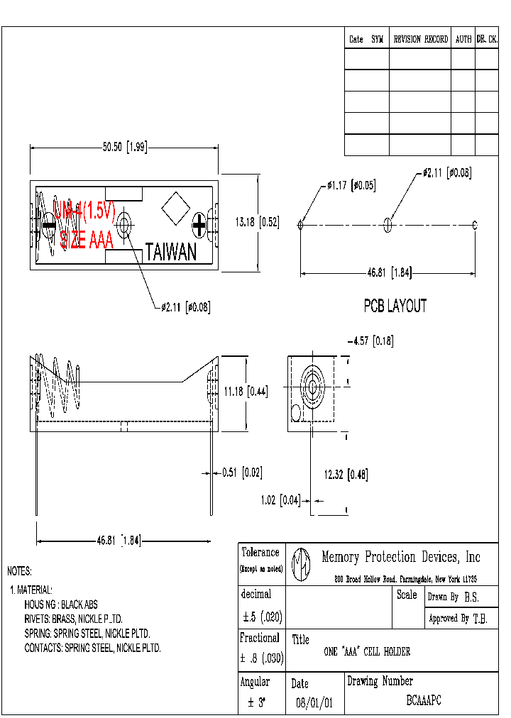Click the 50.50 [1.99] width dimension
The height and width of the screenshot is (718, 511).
pos(124,148)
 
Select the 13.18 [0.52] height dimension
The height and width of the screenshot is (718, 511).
pos(257,222)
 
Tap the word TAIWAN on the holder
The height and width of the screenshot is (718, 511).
pos(171,252)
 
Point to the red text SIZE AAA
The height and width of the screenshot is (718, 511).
pos(87,241)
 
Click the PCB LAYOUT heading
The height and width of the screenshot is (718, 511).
pos(395,306)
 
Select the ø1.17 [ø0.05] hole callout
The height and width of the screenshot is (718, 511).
pos(351,186)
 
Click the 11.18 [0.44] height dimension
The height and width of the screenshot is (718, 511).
pos(246,391)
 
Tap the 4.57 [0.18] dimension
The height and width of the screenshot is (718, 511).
pos(370,341)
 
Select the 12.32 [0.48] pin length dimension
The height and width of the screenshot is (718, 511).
pos(346,475)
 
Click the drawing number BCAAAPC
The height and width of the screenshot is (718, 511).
pos(424,700)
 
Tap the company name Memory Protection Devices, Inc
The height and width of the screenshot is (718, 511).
pos(401,557)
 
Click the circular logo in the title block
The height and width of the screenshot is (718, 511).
pos(302,563)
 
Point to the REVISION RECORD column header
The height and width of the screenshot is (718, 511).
pos(420,39)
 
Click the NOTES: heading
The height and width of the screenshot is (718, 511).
pos(19,571)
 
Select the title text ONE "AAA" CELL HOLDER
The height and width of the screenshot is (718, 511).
pos(367,651)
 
